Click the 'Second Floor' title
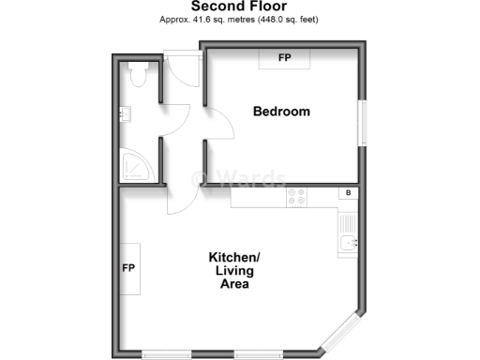[x=239, y=7]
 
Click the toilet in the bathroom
[x=139, y=74]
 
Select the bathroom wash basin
[x=125, y=114]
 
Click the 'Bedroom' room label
[x=281, y=112]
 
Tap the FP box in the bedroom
[x=283, y=57]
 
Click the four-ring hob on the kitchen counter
[x=296, y=196]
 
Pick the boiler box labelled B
[x=349, y=193]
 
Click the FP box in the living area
[x=129, y=268]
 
